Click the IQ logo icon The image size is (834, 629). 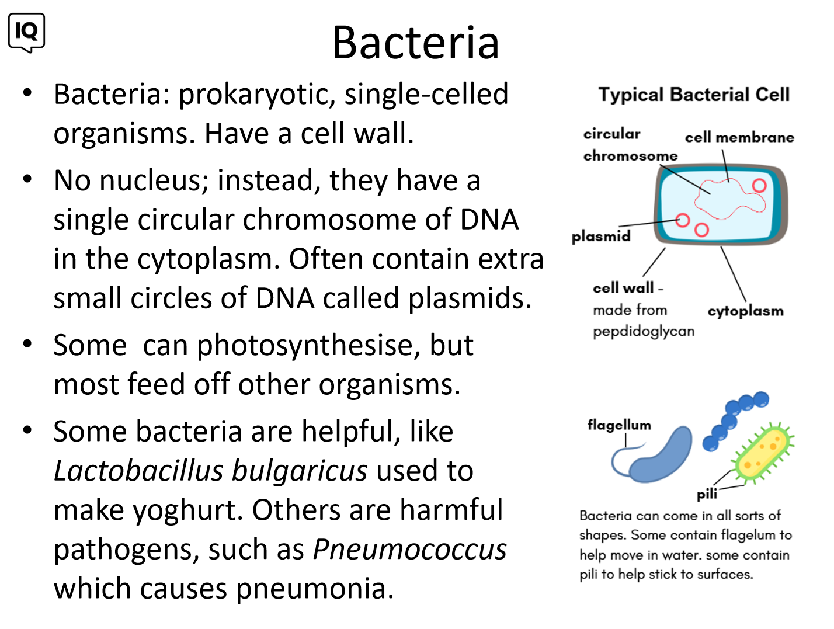coord(26,33)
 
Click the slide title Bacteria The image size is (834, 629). coord(415,43)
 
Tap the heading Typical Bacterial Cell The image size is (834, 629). coord(693,95)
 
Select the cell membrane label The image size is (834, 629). coord(739,137)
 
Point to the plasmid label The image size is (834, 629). coord(600,237)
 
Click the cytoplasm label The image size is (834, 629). coord(745,311)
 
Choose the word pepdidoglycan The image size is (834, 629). coord(643,332)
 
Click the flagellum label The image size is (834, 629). coord(619,425)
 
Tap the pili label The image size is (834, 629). coord(706,494)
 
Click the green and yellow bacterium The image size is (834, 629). coord(762,453)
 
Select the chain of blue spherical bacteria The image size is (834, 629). coord(735,421)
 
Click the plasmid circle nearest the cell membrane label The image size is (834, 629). coord(759,186)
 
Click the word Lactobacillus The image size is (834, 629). coord(138,471)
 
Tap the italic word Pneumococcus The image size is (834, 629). coord(409,549)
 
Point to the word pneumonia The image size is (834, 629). coord(315,589)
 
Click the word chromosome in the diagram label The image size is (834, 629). coord(630,156)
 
